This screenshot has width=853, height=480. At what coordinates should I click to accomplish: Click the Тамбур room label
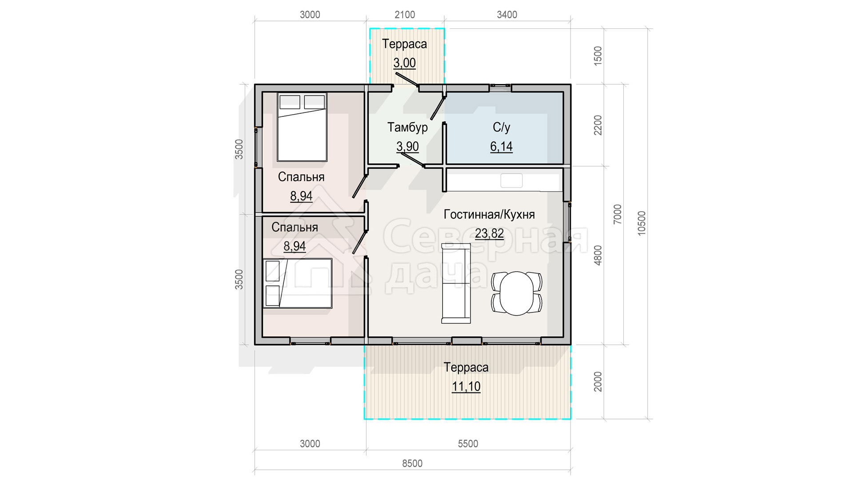click(x=407, y=128)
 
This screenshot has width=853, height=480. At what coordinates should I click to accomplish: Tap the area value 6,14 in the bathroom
click(x=501, y=146)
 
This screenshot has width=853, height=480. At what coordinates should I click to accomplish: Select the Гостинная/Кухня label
click(x=489, y=215)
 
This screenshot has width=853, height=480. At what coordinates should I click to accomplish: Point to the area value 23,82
click(x=489, y=233)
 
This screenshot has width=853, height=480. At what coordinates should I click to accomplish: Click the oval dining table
click(x=517, y=293)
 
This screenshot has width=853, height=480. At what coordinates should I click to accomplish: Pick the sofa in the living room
click(x=456, y=283)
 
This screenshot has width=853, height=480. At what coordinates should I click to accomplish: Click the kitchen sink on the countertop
click(x=511, y=180)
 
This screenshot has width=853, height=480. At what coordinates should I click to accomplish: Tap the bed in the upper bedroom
click(x=302, y=127)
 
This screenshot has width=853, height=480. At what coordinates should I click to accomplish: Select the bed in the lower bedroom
click(x=297, y=283)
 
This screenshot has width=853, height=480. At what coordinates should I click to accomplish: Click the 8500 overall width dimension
click(x=412, y=464)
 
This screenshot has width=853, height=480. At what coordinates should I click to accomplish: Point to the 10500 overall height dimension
click(x=642, y=224)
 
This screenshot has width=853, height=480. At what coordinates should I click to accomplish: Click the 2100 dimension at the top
click(x=405, y=15)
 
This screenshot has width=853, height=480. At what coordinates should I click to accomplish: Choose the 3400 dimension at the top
click(x=507, y=15)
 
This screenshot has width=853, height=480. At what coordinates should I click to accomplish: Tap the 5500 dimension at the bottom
click(x=468, y=444)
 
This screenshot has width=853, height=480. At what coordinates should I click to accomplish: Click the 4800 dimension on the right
click(x=598, y=256)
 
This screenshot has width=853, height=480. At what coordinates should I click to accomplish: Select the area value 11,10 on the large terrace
click(x=466, y=387)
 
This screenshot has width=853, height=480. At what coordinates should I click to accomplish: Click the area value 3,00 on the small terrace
click(x=404, y=63)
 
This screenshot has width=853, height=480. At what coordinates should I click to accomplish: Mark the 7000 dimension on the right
click(x=618, y=214)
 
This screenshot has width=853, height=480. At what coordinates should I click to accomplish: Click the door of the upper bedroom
click(x=359, y=186)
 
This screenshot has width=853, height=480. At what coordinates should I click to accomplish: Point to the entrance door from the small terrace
click(x=407, y=79)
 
